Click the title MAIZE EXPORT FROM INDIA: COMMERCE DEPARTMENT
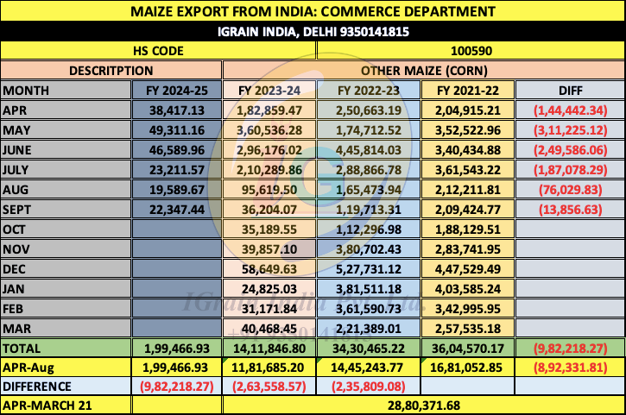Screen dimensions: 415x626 [313, 11]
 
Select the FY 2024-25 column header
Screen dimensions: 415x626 [176, 90]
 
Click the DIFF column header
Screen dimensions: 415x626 [570, 90]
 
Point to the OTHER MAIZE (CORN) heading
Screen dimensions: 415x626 [423, 70]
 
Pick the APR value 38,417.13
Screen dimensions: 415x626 [176, 110]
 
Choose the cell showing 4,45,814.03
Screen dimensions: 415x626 [370, 149]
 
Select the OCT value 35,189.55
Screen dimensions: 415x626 [272, 230]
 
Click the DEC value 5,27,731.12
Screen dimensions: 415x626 [370, 269]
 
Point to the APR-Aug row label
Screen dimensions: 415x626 [28, 368]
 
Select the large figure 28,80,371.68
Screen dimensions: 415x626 [423, 405]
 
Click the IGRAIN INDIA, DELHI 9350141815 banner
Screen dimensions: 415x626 [313, 31]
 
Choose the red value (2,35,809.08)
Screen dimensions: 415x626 [370, 387]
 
